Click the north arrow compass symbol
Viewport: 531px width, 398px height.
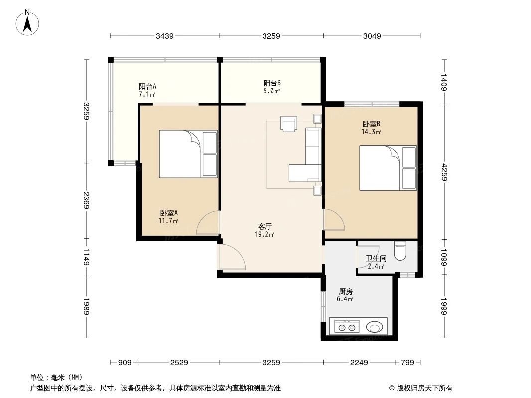[x=27, y=23]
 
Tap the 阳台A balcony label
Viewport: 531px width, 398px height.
[x=147, y=86]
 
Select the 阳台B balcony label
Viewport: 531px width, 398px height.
[x=272, y=83]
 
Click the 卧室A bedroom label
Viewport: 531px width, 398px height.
[x=169, y=213]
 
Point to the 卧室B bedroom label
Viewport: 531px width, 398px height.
[x=371, y=124]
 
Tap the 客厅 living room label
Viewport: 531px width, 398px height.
[x=265, y=226]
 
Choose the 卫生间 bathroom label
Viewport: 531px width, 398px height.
[x=376, y=258]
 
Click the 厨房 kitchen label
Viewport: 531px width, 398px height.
[x=345, y=291]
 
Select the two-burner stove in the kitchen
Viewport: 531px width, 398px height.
[x=347, y=327]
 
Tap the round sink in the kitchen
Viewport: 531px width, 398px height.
[x=374, y=327]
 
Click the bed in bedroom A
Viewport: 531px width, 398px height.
[x=188, y=154]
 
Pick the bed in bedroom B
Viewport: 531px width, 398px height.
[x=388, y=168]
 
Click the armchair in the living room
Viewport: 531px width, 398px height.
[x=289, y=124]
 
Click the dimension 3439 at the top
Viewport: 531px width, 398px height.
[x=165, y=36]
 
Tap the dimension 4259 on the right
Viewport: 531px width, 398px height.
[x=444, y=172]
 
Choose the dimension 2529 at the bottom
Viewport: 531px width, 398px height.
[x=179, y=363]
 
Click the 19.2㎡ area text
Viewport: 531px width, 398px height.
[x=265, y=234]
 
